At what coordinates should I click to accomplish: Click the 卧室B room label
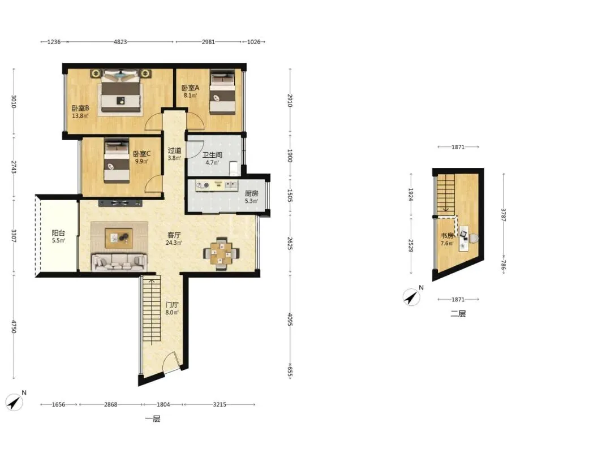pyautogui.click(x=80, y=108)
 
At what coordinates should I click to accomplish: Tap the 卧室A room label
pyautogui.click(x=190, y=88)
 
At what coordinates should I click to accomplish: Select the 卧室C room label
pyautogui.click(x=141, y=154)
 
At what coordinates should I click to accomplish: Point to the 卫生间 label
pyautogui.click(x=212, y=155)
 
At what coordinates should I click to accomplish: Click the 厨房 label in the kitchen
pyautogui.click(x=251, y=193)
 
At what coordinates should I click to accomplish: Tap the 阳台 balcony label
pyautogui.click(x=58, y=233)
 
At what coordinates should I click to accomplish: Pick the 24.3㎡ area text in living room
pyautogui.click(x=174, y=243)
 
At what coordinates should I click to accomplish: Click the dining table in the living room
pyautogui.click(x=221, y=253)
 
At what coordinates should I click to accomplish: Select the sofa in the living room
pyautogui.click(x=119, y=262)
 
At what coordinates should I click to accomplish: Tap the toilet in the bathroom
pyautogui.click(x=234, y=168)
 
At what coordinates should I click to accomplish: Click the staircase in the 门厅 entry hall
pyautogui.click(x=152, y=309)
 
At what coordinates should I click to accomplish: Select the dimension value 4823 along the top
pyautogui.click(x=120, y=42)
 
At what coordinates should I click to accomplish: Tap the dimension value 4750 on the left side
pyautogui.click(x=14, y=327)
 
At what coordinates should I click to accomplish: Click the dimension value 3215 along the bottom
pyautogui.click(x=220, y=404)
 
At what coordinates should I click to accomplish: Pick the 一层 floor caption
pyautogui.click(x=153, y=419)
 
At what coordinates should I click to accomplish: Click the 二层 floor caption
pyautogui.click(x=458, y=313)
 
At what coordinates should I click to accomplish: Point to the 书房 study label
pyautogui.click(x=447, y=236)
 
